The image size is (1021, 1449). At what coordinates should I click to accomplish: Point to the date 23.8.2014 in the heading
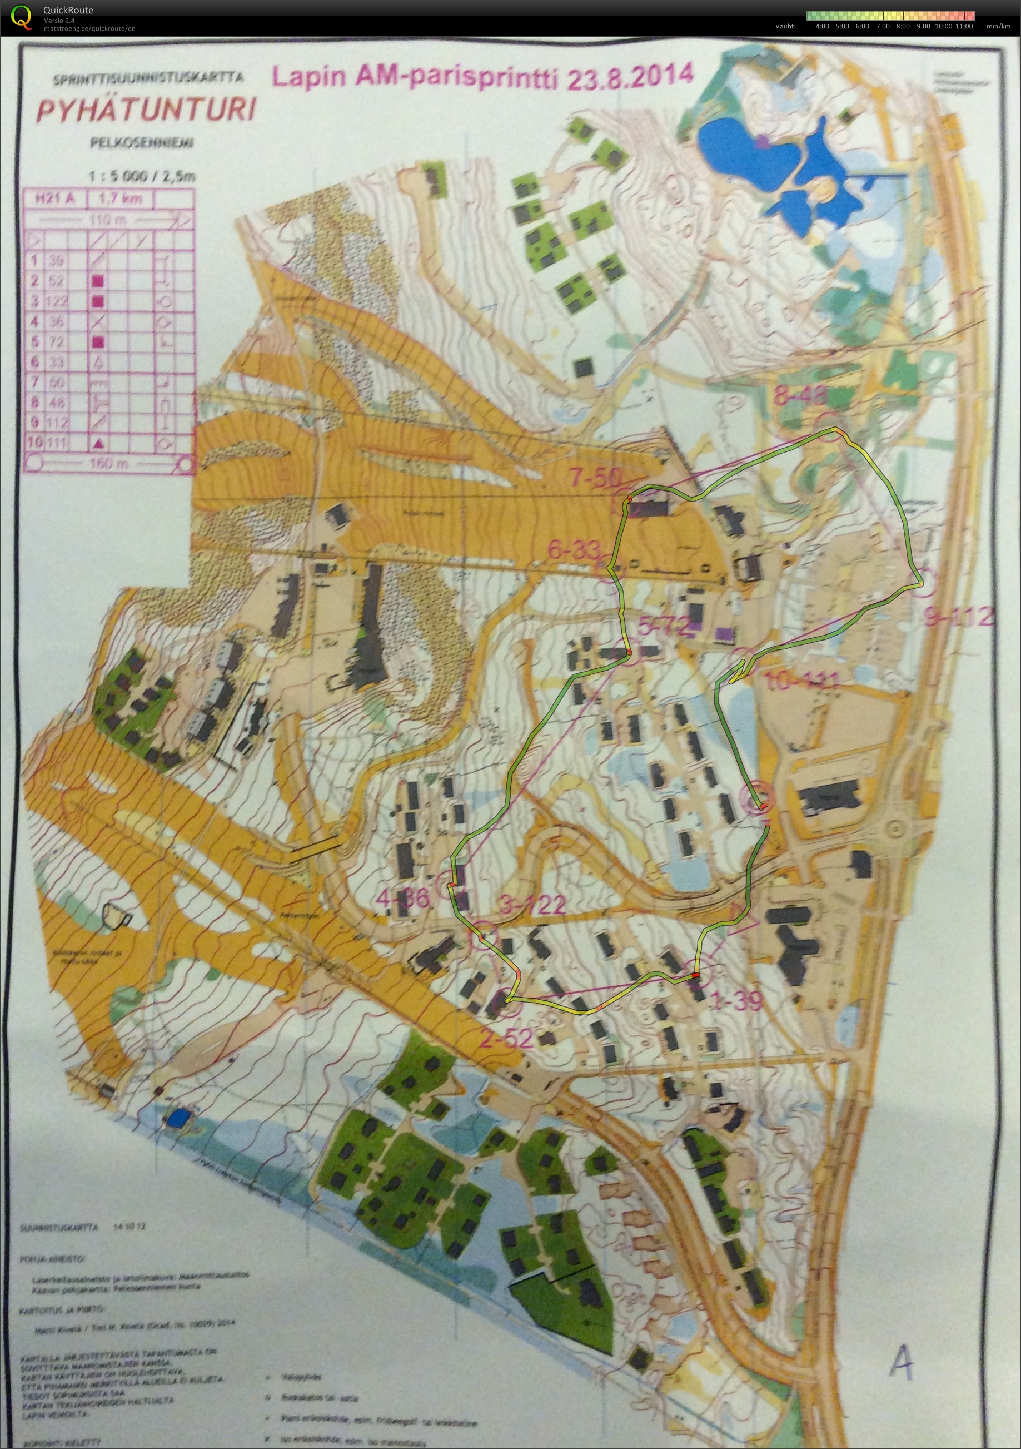point(630,76)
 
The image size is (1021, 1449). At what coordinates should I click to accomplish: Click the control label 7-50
point(596,478)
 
